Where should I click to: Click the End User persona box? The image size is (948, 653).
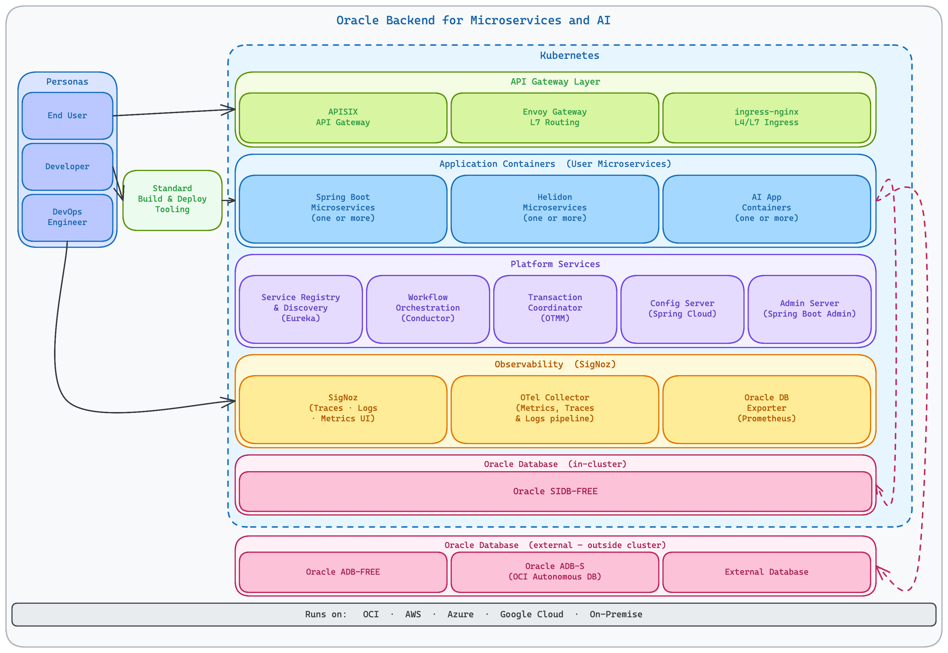tap(67, 116)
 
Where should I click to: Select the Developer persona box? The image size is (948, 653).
tap(67, 167)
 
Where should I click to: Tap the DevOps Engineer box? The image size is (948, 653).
tap(67, 217)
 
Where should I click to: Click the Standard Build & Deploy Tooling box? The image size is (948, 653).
tap(172, 200)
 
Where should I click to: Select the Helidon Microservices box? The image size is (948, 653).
tap(555, 209)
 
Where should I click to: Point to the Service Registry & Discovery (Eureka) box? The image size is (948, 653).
tap(301, 309)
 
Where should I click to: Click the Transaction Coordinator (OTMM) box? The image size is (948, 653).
tap(555, 309)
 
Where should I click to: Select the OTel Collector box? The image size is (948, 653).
tap(555, 409)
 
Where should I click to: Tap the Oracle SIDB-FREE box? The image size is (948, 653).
tap(555, 491)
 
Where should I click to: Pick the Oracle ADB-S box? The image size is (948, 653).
tap(555, 572)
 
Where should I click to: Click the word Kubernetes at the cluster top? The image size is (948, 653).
tap(569, 56)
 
